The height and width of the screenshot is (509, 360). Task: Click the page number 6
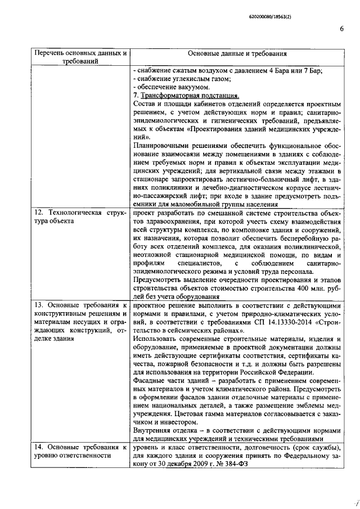(x=341, y=30)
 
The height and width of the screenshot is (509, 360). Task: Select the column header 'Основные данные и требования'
(x=237, y=54)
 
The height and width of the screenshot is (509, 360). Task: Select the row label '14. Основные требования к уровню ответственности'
(x=78, y=451)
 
